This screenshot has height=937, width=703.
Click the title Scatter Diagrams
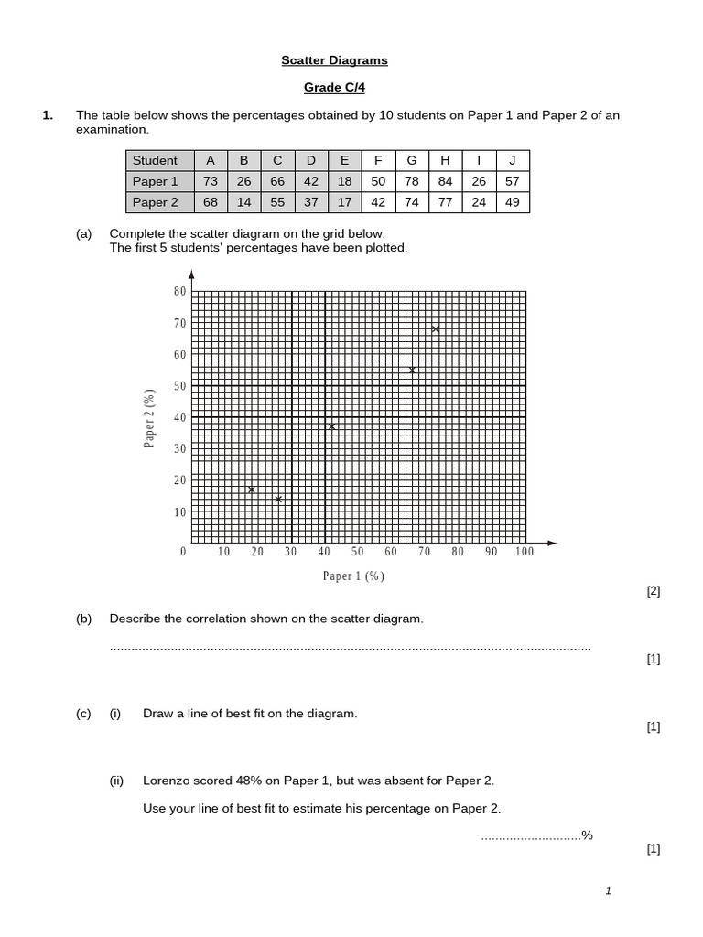(x=334, y=60)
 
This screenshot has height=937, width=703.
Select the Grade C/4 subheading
(x=334, y=88)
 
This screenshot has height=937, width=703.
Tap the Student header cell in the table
(x=156, y=160)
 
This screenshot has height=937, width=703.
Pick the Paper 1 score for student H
(x=445, y=181)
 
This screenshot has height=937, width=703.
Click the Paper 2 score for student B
(x=244, y=202)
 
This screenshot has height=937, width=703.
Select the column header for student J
(x=512, y=160)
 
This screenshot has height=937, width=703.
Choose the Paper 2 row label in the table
(x=156, y=202)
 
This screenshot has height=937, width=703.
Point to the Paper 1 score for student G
(x=412, y=181)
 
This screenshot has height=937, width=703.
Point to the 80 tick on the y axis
(x=179, y=291)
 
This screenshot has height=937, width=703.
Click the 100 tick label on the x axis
(x=524, y=552)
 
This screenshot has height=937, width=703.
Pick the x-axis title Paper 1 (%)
(x=353, y=576)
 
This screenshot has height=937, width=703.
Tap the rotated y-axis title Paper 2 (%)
(x=149, y=418)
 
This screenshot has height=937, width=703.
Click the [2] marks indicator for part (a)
(x=653, y=591)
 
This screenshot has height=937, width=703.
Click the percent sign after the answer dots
(x=588, y=835)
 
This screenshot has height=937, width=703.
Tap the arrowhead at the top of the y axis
(x=191, y=275)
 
